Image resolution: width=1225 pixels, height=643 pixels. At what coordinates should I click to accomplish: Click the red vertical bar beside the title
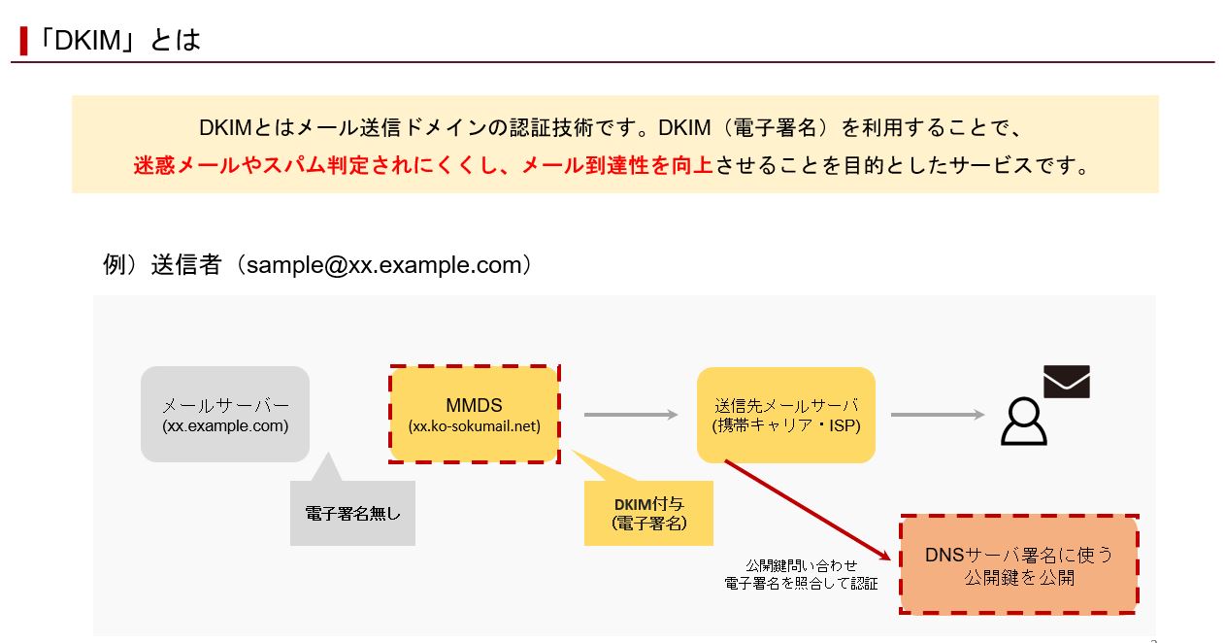pyautogui.click(x=23, y=41)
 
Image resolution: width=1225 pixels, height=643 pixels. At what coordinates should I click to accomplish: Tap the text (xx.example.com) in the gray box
pyautogui.click(x=225, y=426)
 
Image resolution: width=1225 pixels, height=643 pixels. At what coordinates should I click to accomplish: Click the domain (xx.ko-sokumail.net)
pyautogui.click(x=474, y=426)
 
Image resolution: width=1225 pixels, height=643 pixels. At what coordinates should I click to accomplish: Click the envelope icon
pyautogui.click(x=1066, y=382)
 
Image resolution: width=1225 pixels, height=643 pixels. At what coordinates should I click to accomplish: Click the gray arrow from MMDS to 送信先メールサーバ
pyautogui.click(x=630, y=415)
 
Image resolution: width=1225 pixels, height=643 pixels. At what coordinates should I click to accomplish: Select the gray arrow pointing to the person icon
pyautogui.click(x=937, y=415)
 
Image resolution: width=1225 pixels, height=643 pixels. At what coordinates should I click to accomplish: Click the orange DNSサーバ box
pyautogui.click(x=1018, y=564)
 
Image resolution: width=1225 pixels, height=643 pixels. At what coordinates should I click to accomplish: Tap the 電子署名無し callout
pyautogui.click(x=352, y=514)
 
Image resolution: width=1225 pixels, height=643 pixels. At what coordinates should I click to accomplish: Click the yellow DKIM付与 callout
pyautogui.click(x=648, y=514)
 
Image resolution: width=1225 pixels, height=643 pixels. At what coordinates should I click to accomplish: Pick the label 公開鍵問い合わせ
pyautogui.click(x=801, y=565)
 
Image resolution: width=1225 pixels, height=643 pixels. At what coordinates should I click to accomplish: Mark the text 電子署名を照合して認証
pyautogui.click(x=801, y=584)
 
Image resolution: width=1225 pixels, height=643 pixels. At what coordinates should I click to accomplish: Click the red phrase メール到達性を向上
pyautogui.click(x=617, y=166)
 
